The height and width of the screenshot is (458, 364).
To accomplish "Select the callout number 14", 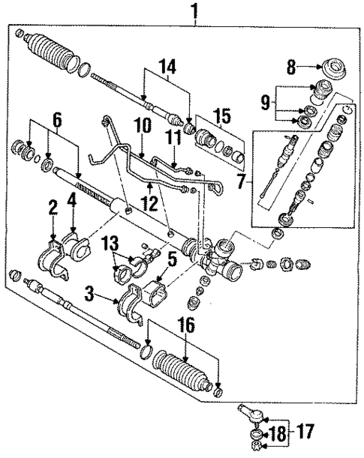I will tap(167, 67).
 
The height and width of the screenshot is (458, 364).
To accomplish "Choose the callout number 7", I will tap(242, 180).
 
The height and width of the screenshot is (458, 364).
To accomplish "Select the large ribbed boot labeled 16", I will tap(182, 370).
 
